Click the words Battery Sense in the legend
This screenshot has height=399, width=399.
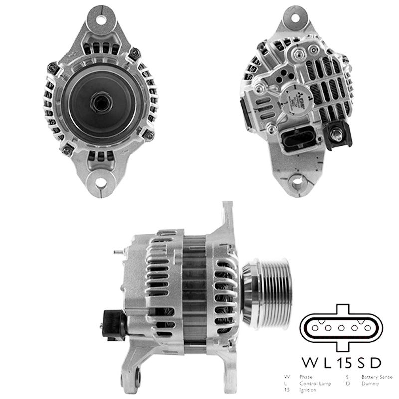(x=377, y=377)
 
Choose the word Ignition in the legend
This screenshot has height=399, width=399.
(x=307, y=390)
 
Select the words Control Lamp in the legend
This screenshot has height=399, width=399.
(x=314, y=384)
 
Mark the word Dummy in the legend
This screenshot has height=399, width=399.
(x=370, y=384)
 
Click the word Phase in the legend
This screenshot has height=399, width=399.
(x=306, y=377)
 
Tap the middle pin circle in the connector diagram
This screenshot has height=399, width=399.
(x=342, y=328)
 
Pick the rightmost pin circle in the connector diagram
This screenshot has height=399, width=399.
(x=369, y=328)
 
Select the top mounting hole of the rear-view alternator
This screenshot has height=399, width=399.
(x=297, y=17)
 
